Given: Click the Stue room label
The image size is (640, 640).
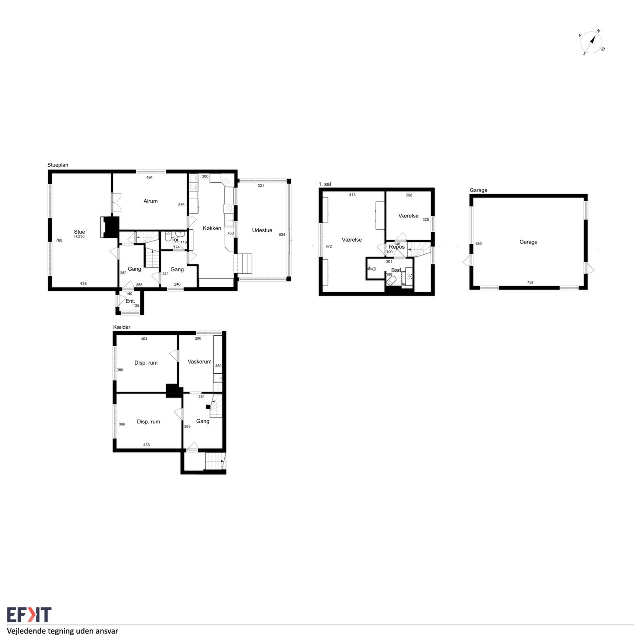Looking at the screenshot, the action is (x=79, y=232).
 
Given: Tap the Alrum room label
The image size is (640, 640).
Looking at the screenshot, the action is (x=151, y=201).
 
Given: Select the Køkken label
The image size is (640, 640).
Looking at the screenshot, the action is (x=212, y=228).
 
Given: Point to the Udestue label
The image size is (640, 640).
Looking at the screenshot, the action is (x=262, y=230).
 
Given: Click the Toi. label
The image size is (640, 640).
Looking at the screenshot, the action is (x=175, y=240).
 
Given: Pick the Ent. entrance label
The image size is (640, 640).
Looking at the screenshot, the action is (x=130, y=301).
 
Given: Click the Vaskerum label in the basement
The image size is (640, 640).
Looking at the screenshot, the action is (x=199, y=361).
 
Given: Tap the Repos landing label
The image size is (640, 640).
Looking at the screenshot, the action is (x=397, y=247).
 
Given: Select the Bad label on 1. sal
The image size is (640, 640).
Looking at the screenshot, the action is (x=396, y=270).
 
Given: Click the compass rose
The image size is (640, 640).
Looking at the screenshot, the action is (x=591, y=43).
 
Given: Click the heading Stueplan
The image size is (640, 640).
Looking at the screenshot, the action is (x=58, y=165).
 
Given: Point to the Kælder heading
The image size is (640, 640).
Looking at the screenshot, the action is (x=122, y=327).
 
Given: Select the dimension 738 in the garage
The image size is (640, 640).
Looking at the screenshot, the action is (x=530, y=282).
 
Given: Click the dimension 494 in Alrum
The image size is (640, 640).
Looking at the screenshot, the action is (x=150, y=177).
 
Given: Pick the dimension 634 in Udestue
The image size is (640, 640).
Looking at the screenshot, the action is (x=282, y=235).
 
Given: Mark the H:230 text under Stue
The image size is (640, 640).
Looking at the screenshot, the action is (x=79, y=237).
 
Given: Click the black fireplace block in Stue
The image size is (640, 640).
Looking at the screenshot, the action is (x=110, y=227).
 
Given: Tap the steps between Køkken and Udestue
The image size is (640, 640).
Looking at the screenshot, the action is (x=243, y=263).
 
